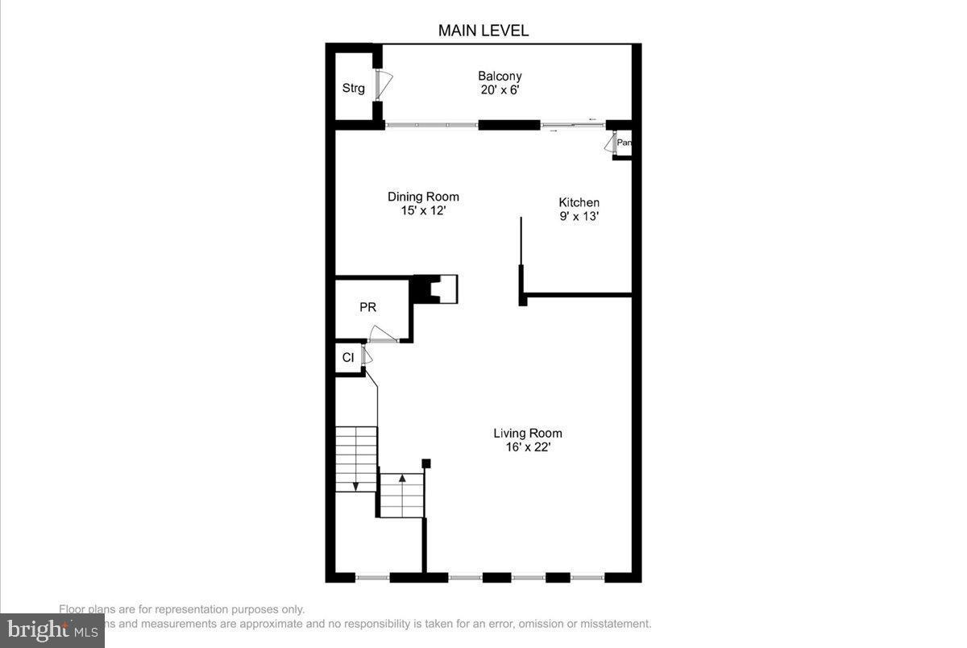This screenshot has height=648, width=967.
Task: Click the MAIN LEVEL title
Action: pos(483,31)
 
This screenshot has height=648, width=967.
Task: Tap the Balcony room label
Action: pos(500,77)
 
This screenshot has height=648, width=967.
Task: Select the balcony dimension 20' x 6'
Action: pos(500,90)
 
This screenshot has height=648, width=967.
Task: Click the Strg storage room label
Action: pos(353,89)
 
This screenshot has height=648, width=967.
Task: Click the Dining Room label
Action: pos(423,197)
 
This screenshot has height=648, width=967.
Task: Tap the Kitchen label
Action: pos(579,202)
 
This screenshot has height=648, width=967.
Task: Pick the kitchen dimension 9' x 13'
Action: pos(579,216)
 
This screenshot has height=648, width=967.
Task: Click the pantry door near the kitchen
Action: pos(611,143)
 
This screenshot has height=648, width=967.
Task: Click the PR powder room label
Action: pos(367,307)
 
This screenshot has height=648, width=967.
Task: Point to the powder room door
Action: pos(382,335)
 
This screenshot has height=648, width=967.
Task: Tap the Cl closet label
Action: pos(348,357)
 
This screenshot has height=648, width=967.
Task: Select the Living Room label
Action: pos(528,433)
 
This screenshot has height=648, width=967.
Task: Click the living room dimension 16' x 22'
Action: pos(528,447)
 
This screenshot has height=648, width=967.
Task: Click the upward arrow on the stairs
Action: pos(402,479)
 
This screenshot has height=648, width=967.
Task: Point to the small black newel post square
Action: pos(426,463)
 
